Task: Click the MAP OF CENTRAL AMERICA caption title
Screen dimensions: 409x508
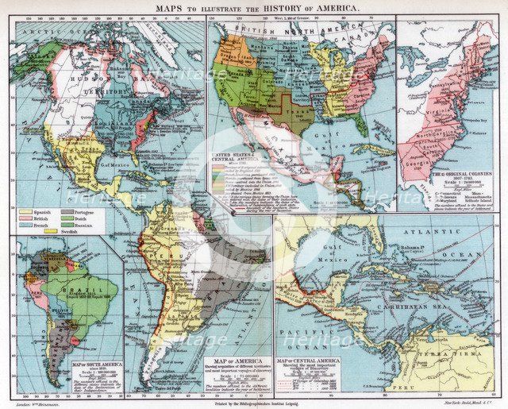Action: [x=306, y=361]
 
